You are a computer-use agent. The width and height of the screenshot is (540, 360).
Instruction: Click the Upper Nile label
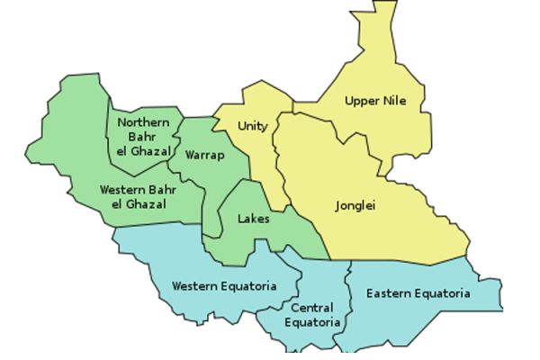(375, 101)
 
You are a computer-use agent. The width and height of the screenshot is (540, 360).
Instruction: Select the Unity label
(252, 126)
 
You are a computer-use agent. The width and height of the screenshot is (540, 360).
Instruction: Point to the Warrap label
(203, 155)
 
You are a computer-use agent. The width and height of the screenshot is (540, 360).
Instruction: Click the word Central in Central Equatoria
(312, 307)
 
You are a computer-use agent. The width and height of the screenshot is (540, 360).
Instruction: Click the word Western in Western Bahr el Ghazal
(121, 190)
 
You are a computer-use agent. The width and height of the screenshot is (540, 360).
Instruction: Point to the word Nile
(393, 101)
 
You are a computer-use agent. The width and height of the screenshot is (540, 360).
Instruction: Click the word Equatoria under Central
(312, 321)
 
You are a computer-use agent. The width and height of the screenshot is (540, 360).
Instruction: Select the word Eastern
(388, 294)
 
